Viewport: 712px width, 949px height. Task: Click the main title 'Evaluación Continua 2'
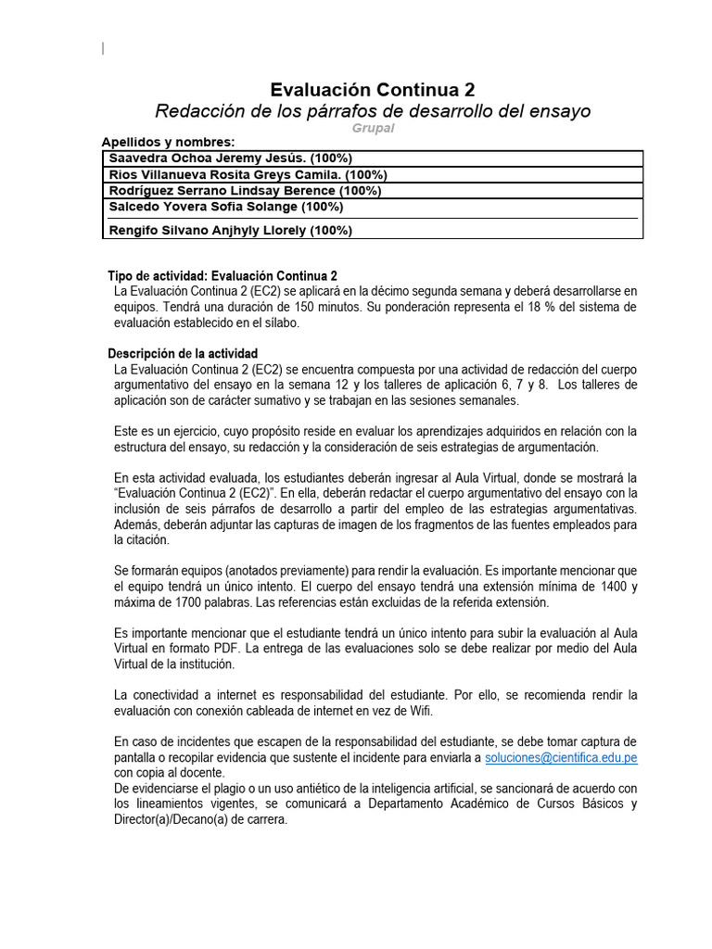[x=372, y=89]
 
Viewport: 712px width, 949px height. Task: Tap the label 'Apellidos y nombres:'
[x=168, y=143]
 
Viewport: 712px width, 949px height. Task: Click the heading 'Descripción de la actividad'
[x=183, y=354]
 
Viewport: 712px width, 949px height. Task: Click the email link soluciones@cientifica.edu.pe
[x=561, y=757]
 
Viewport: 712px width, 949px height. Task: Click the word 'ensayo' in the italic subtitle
[x=559, y=111]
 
